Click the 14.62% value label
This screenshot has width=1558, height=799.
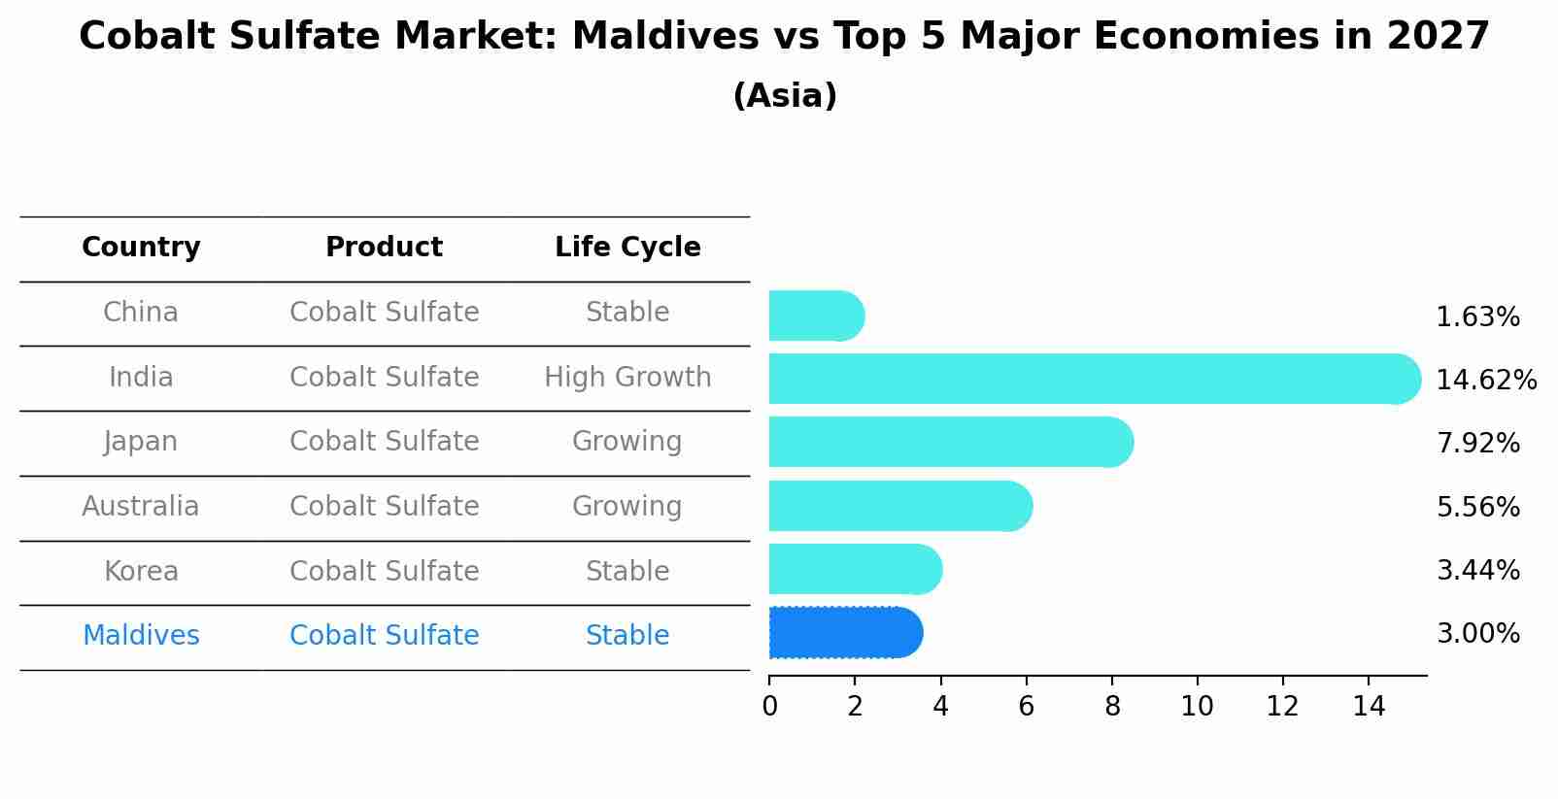tap(1485, 380)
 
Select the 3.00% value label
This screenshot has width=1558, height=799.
tap(1477, 634)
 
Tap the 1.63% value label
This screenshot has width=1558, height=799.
tap(1477, 317)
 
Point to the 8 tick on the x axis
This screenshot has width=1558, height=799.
tap(1112, 706)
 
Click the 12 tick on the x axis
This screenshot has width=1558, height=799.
tap(1282, 706)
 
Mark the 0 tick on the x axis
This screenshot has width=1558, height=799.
tap(769, 706)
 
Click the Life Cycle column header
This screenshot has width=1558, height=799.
tap(627, 248)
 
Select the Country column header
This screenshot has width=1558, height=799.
tap(141, 248)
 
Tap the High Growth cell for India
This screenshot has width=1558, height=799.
tap(627, 377)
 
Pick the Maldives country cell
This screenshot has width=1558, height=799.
tap(141, 636)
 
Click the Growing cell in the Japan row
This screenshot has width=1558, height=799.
tap(627, 442)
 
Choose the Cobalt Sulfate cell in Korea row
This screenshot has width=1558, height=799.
tap(384, 571)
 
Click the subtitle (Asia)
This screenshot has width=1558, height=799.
tap(785, 96)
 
